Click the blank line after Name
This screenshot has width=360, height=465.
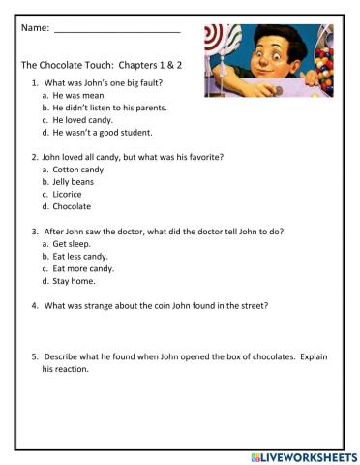[x=116, y=32]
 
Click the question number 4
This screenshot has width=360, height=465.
[x=34, y=306]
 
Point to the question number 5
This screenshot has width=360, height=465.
[x=34, y=356]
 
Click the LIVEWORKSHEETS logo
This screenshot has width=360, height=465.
[x=303, y=456]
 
